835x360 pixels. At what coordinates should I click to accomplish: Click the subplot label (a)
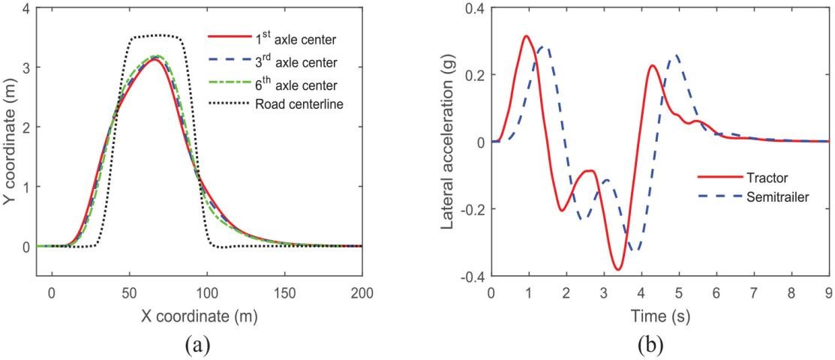[x=199, y=344]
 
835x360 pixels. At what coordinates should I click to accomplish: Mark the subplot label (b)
[x=660, y=344]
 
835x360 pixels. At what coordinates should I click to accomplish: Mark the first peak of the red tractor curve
[x=527, y=36]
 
